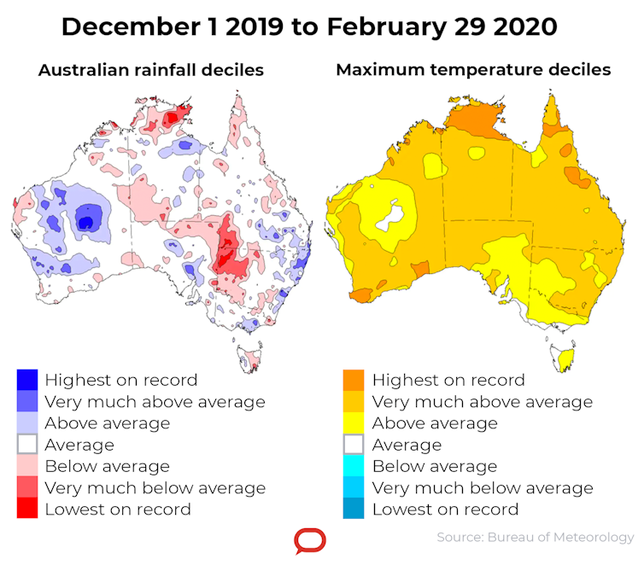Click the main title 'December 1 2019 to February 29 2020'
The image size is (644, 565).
309,26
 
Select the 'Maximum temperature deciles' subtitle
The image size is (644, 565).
473,70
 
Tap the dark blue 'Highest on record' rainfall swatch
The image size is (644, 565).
28,380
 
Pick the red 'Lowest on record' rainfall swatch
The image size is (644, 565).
28,510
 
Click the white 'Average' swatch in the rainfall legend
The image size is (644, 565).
28,445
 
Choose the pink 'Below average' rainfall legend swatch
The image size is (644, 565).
28,466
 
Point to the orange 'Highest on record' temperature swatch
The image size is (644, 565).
354,380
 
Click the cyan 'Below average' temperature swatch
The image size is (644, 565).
354,466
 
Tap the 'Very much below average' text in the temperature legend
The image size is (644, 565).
483,488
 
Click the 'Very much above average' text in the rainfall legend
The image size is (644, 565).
155,402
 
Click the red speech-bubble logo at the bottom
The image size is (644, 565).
309,541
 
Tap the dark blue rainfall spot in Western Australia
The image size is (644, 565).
86,222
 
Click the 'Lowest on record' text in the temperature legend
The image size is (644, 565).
445,510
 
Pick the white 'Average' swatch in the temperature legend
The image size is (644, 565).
354,445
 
